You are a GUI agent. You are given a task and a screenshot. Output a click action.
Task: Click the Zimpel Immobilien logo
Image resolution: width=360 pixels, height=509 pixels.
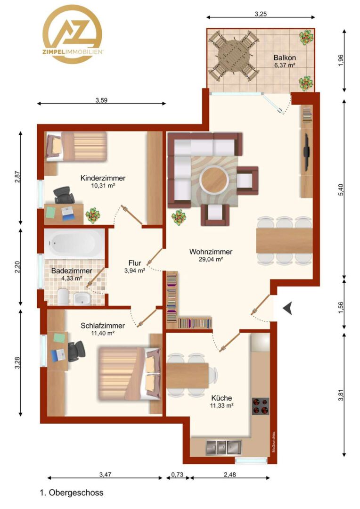click(73, 34)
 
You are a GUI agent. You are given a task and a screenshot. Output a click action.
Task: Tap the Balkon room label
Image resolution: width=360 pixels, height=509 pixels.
click(284, 58)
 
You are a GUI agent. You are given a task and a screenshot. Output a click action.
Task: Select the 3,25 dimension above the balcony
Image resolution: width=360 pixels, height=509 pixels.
click(261, 14)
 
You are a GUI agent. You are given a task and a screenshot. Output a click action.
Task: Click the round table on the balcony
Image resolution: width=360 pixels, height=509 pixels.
click(234, 56)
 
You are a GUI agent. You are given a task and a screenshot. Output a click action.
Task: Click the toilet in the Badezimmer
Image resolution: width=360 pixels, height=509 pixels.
click(63, 297)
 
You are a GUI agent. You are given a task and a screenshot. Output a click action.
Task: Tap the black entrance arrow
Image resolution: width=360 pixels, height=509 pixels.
click(287, 308)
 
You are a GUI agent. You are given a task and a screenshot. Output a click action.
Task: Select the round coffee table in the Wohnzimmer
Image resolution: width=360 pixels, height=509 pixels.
click(214, 180)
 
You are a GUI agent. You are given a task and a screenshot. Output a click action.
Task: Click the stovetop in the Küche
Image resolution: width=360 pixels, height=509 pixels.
click(261, 406)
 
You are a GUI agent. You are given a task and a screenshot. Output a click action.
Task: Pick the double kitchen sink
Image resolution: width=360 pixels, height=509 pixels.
click(224, 448)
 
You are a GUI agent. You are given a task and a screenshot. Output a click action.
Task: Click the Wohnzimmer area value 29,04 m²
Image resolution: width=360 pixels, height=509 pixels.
click(211, 259)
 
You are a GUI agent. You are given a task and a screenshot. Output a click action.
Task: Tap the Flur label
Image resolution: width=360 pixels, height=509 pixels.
click(135, 263)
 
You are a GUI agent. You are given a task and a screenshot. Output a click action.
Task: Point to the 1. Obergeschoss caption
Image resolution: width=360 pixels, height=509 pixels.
click(72, 493)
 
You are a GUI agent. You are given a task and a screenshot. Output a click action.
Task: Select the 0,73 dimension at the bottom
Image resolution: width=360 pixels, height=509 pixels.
click(177, 475)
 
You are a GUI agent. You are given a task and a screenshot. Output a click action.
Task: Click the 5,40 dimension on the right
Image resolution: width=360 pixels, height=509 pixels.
click(341, 189)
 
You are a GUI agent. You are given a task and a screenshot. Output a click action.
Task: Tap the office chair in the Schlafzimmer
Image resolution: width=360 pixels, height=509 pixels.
click(76, 351)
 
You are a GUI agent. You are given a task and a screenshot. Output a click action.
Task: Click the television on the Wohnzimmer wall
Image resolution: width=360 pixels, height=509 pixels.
click(306, 152)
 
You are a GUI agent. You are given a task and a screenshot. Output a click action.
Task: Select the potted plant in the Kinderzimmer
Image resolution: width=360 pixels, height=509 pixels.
click(93, 215)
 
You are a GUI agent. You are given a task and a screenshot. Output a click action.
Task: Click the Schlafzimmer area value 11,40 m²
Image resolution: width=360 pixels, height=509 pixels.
click(103, 333)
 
